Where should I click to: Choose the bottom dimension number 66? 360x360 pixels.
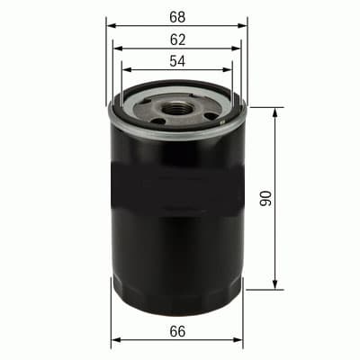[177, 332]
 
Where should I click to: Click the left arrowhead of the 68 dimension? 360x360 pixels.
[110, 25]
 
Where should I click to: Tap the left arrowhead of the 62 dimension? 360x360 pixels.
[117, 49]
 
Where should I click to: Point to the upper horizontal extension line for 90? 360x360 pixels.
[261, 108]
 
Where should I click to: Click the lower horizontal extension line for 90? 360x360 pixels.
[261, 290]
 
